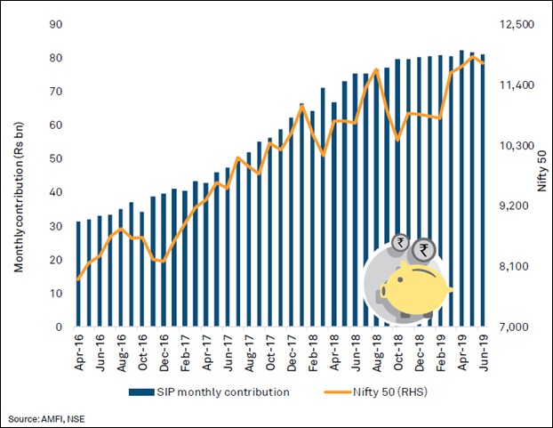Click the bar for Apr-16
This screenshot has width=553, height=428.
tap(78, 274)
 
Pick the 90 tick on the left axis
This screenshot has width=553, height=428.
tap(55, 24)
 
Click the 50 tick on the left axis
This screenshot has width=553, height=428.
tap(55, 158)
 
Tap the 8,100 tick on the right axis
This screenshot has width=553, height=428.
tap(516, 267)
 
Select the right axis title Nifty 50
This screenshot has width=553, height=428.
tap(541, 175)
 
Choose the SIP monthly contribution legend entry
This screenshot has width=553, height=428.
tap(209, 392)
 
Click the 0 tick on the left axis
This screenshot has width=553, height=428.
tap(59, 327)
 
